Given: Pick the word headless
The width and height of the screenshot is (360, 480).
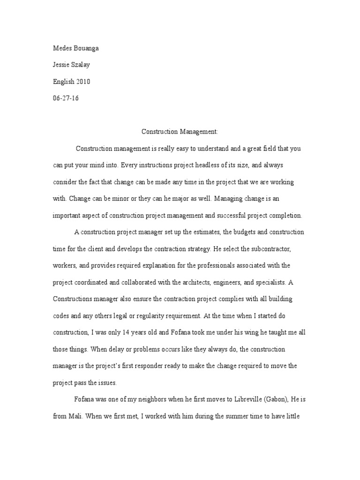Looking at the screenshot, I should (x=209, y=165).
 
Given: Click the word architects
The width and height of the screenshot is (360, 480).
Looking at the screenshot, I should (x=195, y=282).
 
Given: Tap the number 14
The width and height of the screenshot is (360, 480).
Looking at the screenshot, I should (x=116, y=331).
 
